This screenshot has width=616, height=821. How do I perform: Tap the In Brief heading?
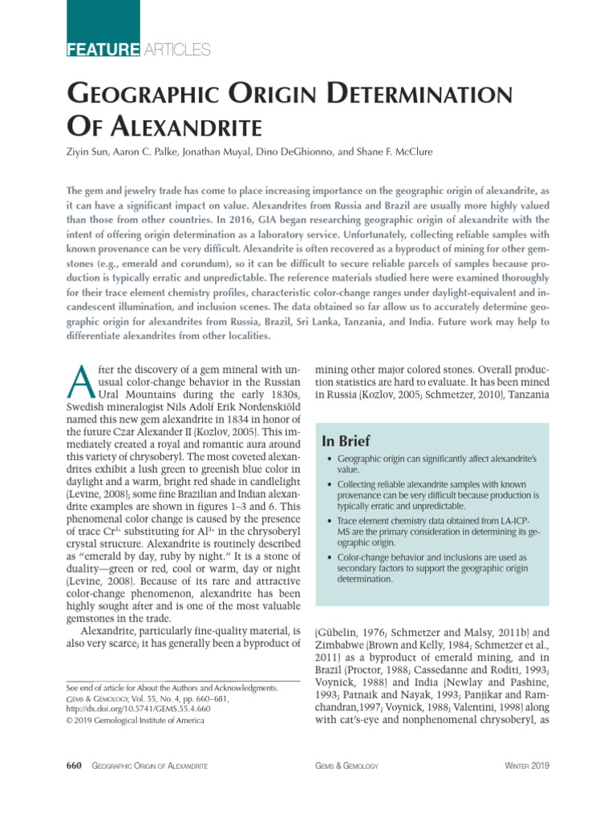coord(347,440)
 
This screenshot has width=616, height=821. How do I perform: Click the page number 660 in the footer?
coord(74,766)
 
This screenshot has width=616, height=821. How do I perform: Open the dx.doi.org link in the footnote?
coord(128,709)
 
